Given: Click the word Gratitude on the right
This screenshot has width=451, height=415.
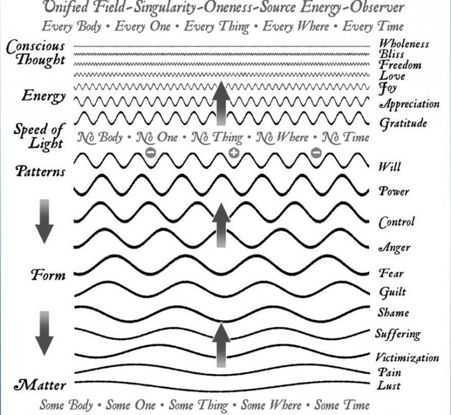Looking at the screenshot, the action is pyautogui.click(x=403, y=123).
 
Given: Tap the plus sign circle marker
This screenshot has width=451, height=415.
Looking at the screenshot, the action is pyautogui.click(x=234, y=152).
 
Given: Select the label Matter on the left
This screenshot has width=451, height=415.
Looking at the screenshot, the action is pyautogui.click(x=40, y=386).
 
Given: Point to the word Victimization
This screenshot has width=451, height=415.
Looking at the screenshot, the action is pyautogui.click(x=407, y=357).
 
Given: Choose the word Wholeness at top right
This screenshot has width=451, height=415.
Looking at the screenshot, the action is pyautogui.click(x=404, y=44).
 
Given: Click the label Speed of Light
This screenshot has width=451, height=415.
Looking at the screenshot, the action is pyautogui.click(x=39, y=136).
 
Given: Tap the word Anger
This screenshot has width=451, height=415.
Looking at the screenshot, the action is pyautogui.click(x=394, y=247).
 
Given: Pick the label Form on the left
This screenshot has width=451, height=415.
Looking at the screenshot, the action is pyautogui.click(x=48, y=275).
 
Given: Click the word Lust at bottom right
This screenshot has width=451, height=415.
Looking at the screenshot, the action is pyautogui.click(x=389, y=386).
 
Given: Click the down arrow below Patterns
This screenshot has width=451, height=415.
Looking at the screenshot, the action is pyautogui.click(x=44, y=221).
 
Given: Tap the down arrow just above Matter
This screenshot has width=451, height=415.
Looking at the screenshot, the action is pyautogui.click(x=44, y=333).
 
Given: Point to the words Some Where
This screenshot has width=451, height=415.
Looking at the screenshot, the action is pyautogui.click(x=271, y=405).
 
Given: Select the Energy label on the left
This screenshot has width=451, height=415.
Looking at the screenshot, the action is pyautogui.click(x=44, y=96).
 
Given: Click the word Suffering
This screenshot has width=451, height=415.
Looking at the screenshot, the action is pyautogui.click(x=398, y=334).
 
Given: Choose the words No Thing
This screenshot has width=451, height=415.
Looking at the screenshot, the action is pyautogui.click(x=217, y=137).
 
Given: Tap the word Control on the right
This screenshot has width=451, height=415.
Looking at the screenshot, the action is pyautogui.click(x=397, y=222).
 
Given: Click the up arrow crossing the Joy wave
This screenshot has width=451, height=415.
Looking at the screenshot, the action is pyautogui.click(x=221, y=103).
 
